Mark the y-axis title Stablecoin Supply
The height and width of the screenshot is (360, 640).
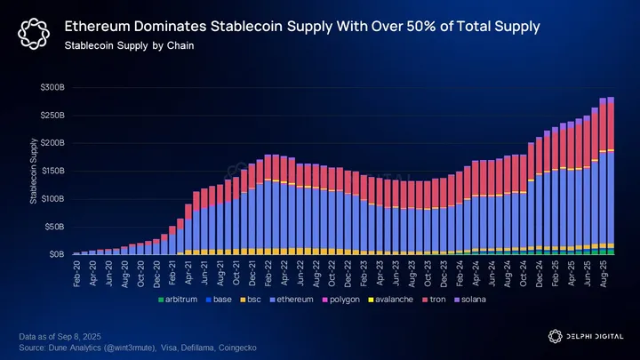[35, 174]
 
